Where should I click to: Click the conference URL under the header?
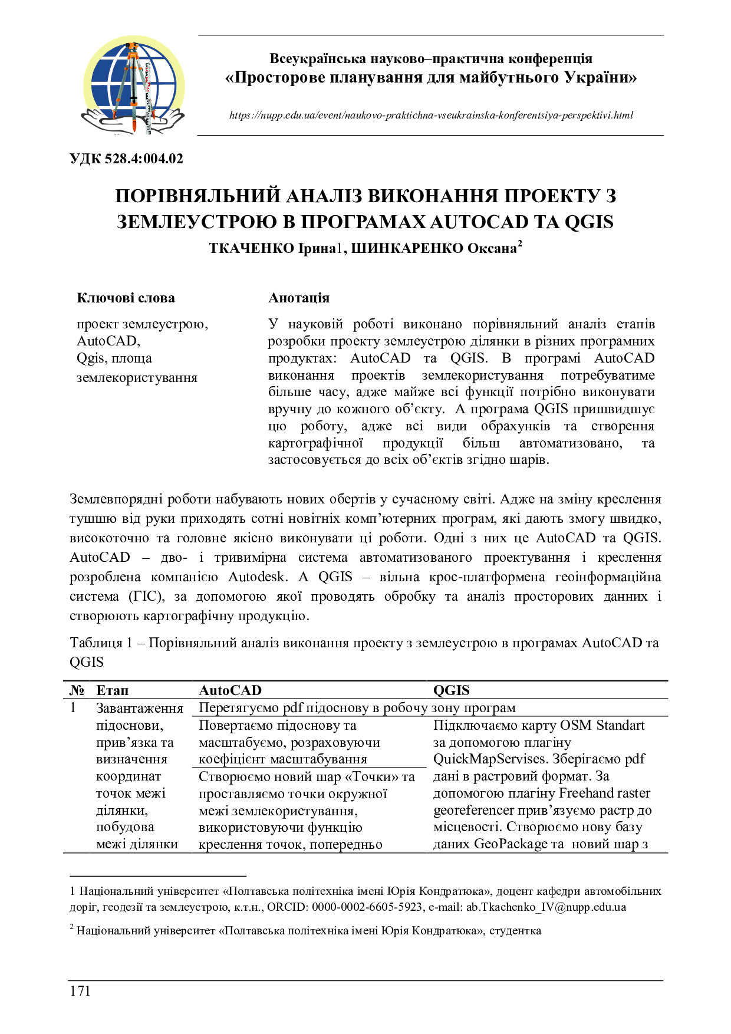(431, 116)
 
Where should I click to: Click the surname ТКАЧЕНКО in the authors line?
(251, 249)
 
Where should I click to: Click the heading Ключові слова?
(126, 298)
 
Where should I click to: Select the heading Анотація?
(299, 298)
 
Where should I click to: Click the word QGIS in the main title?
(589, 222)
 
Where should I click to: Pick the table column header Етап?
(112, 690)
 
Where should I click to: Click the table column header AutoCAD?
(230, 690)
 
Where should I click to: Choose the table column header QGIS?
(452, 690)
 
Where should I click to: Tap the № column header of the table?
(77, 690)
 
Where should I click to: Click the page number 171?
(80, 990)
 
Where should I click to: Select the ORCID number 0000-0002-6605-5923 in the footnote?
(367, 907)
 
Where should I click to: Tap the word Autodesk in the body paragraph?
(256, 577)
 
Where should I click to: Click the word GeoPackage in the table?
(511, 844)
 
